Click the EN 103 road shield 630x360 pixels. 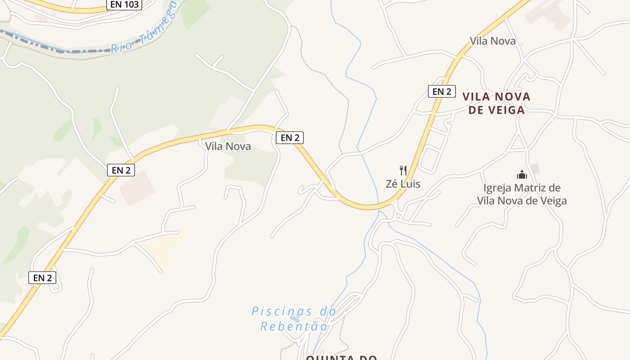(x=124, y=4)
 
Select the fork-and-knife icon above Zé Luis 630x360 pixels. (x=403, y=171)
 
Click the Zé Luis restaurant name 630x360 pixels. (x=403, y=184)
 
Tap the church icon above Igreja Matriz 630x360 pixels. (x=522, y=175)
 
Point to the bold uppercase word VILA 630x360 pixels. (x=477, y=96)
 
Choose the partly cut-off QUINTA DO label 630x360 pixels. (x=341, y=357)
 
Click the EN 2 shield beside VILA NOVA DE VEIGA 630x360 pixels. (x=441, y=91)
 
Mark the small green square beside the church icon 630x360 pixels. (x=535, y=169)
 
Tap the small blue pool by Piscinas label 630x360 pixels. (x=295, y=319)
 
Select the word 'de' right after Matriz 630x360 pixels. (x=555, y=188)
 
